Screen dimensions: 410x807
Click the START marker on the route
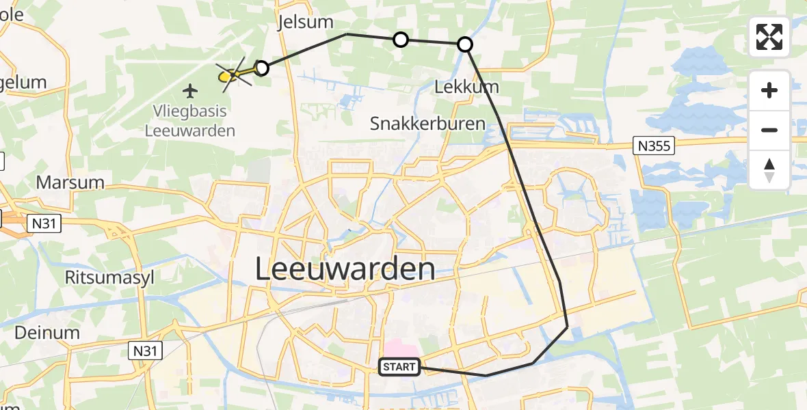click(399, 368)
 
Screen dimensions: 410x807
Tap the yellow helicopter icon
click(231, 75)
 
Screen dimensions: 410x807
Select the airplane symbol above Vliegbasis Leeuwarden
click(190, 90)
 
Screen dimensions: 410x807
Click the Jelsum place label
click(301, 23)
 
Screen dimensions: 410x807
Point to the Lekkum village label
click(467, 87)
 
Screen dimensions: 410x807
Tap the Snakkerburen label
click(427, 124)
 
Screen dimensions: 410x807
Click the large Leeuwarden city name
click(345, 269)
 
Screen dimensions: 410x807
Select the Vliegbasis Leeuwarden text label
click(190, 120)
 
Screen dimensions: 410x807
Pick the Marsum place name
click(70, 182)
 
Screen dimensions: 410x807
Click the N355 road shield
click(654, 145)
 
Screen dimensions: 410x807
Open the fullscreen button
click(769, 37)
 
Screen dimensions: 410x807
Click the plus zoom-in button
click(769, 90)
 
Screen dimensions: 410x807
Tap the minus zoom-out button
click(769, 130)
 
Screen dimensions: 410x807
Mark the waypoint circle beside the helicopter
click(261, 68)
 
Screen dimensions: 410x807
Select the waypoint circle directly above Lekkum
click(464, 44)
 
